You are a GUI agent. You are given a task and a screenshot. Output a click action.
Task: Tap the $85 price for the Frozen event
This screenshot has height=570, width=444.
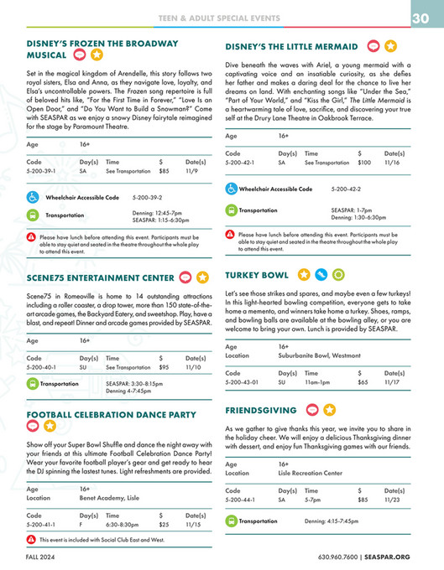(164, 170)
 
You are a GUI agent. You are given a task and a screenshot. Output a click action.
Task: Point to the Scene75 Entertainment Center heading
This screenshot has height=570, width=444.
(99, 277)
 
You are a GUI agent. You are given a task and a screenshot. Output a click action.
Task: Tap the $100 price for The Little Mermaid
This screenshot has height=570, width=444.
(364, 163)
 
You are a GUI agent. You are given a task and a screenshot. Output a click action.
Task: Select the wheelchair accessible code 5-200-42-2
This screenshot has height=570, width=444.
(347, 190)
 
